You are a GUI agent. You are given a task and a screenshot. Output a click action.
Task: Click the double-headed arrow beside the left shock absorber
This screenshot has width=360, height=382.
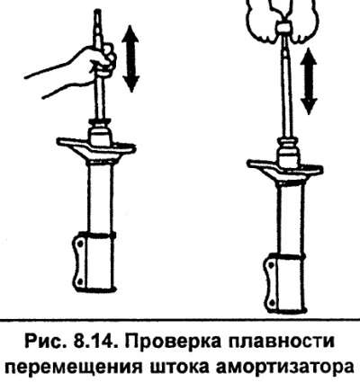point(130,58)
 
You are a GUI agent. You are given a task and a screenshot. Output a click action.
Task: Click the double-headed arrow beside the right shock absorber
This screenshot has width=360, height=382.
point(309,81)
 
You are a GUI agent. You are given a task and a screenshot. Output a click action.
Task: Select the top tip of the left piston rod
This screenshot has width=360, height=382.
point(98,11)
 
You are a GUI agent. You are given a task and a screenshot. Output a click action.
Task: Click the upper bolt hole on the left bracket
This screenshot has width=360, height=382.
point(80,244)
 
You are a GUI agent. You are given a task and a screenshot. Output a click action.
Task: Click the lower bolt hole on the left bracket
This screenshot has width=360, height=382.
point(80,281)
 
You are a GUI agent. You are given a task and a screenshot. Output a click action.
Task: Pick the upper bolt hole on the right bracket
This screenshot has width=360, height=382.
point(272,265)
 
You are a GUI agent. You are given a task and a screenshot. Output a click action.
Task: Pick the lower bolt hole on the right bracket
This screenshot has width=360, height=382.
point(272,301)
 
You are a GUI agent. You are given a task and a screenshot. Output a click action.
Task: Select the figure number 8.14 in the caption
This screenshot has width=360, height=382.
point(95,342)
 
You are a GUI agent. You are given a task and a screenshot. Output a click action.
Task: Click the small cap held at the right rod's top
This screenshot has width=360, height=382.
point(284,28)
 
